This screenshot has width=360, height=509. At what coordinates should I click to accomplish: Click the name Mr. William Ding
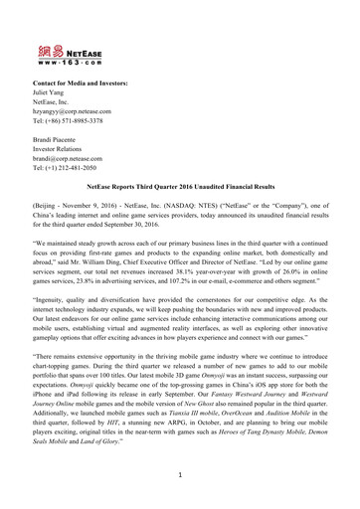coord(140,264)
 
